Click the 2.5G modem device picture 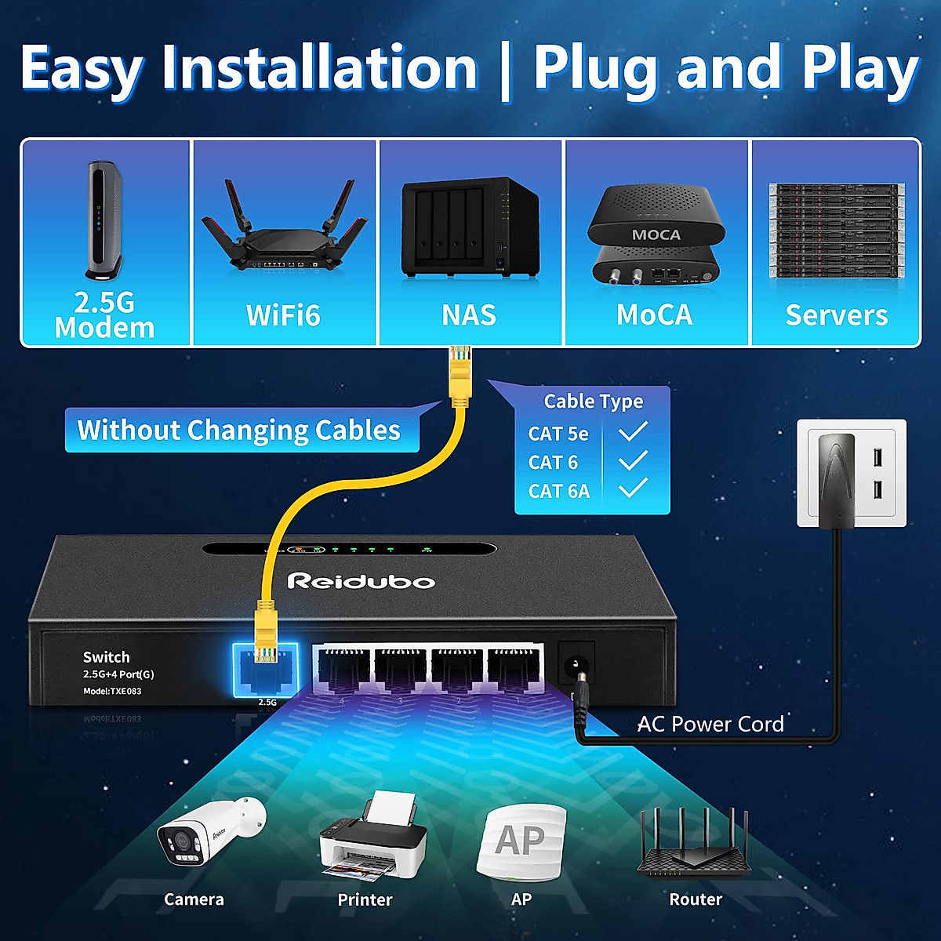pos(104,220)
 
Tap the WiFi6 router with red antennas pos(284,231)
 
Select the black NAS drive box pos(469,227)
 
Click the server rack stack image pos(836,231)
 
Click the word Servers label pos(836,315)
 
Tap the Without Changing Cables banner pos(239,431)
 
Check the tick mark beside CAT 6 pos(633,461)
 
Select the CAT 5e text pos(558,433)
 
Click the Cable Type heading pos(593,401)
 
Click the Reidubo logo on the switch pos(361,581)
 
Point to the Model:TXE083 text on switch pos(112,691)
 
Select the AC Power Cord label pos(710,724)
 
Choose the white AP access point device pos(521,843)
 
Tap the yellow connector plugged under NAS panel pos(460,376)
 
